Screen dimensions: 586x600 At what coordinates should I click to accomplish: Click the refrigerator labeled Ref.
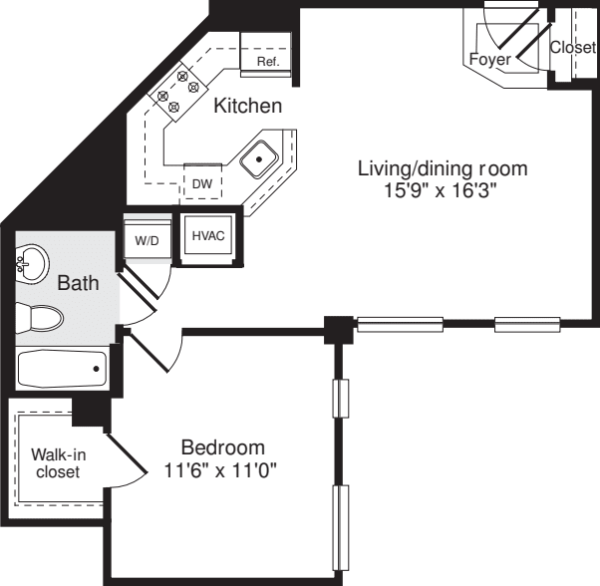pos(267,59)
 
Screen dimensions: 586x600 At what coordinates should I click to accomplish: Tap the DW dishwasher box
pos(202,183)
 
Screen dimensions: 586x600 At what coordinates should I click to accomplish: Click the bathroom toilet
pos(41,319)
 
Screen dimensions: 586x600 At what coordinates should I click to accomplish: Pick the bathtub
pos(62,370)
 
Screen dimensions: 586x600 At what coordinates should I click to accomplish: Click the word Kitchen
pos(247,105)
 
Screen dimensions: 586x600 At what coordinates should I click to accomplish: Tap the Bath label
pos(78,283)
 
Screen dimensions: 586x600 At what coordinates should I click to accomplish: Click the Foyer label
pos(489,60)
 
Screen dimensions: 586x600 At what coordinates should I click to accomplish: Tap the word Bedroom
pos(222,446)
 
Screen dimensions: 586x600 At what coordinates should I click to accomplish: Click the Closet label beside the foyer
pos(573,47)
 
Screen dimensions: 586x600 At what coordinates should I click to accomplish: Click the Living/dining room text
pos(442,167)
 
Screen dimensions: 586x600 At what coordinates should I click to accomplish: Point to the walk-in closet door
pos(126,461)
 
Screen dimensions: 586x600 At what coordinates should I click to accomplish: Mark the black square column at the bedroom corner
pos(340,328)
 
